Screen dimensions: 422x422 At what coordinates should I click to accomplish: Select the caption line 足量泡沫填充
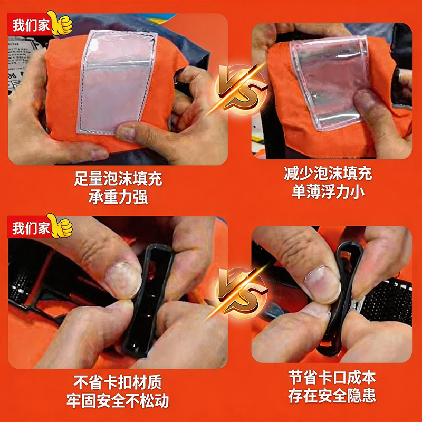[118, 179]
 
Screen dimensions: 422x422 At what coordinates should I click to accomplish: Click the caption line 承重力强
[118, 197]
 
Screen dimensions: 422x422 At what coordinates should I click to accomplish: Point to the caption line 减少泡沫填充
[328, 174]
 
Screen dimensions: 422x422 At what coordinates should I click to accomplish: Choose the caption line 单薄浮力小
[328, 192]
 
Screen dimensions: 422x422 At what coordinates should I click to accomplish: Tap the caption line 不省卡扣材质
[118, 382]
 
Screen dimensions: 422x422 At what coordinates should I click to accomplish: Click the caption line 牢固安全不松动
[118, 401]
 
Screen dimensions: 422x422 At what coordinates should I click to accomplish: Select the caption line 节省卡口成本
[332, 377]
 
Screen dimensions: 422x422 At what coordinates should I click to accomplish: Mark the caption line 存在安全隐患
[332, 396]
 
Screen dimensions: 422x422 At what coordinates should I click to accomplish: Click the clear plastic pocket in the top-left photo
[117, 82]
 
